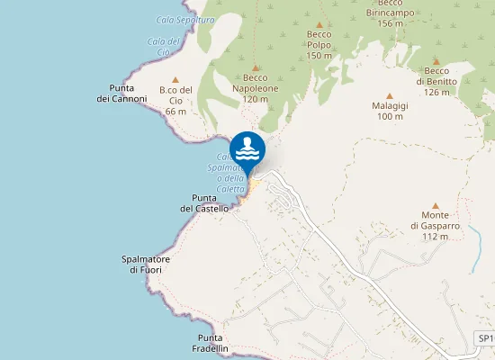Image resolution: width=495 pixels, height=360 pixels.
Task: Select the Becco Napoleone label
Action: pyautogui.click(x=256, y=88)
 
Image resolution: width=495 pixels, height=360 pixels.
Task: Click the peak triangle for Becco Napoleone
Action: pyautogui.click(x=256, y=67)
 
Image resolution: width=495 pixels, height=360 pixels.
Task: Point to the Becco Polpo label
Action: pyautogui.click(x=319, y=45)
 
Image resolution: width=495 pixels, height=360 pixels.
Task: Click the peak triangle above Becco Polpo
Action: pyautogui.click(x=319, y=23)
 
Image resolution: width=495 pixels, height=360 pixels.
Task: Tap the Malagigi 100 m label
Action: pyautogui.click(x=389, y=111)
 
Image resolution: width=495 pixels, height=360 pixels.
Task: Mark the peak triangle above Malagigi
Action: pyautogui.click(x=390, y=95)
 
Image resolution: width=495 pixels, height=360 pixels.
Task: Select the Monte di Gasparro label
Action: pyautogui.click(x=435, y=225)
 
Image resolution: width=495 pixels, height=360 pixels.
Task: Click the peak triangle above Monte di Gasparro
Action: pyautogui.click(x=436, y=205)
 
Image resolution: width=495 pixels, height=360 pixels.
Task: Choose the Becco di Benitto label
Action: pyautogui.click(x=436, y=81)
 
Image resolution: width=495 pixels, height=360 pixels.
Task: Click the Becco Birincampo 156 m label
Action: pyautogui.click(x=389, y=13)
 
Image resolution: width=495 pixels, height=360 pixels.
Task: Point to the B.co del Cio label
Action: pyautogui.click(x=175, y=100)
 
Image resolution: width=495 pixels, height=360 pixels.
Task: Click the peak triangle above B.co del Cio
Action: pyautogui.click(x=175, y=79)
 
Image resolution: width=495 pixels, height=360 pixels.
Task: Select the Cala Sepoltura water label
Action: pyautogui.click(x=185, y=20)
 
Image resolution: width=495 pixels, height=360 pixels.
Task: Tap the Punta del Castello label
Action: pyautogui.click(x=204, y=203)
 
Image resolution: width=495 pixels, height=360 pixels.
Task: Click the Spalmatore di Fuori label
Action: pyautogui.click(x=146, y=264)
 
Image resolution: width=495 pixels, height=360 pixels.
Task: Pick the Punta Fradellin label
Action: pyautogui.click(x=211, y=343)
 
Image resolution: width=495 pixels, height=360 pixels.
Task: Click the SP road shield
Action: pyautogui.click(x=484, y=338)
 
